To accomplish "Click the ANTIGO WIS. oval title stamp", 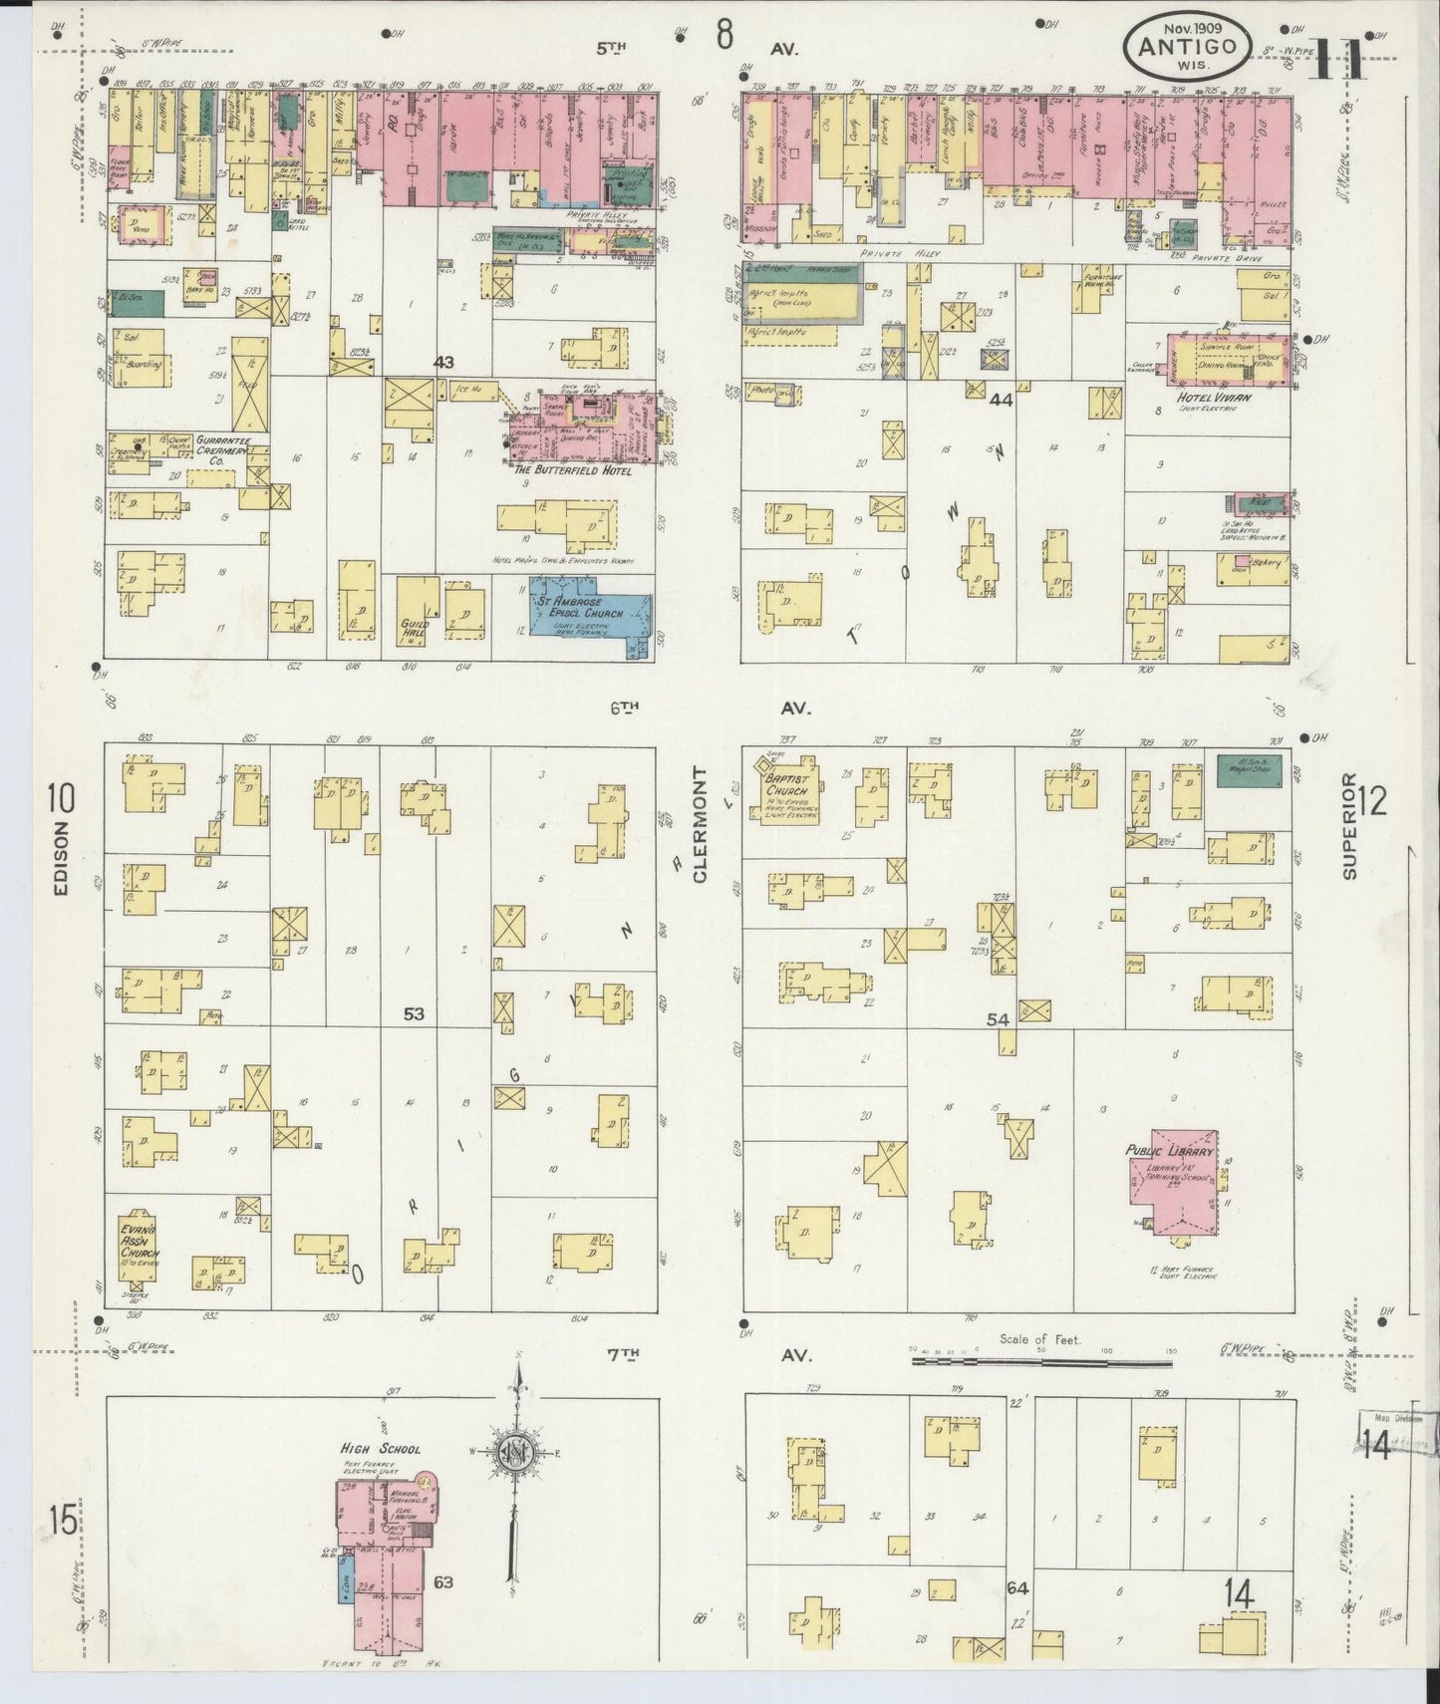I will tap(1186, 46).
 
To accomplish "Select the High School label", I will tap(381, 1449).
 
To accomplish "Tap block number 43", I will tap(443, 364).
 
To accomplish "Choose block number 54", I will tap(998, 1019).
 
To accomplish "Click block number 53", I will tap(414, 1014).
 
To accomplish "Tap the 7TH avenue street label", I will tap(622, 1353).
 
